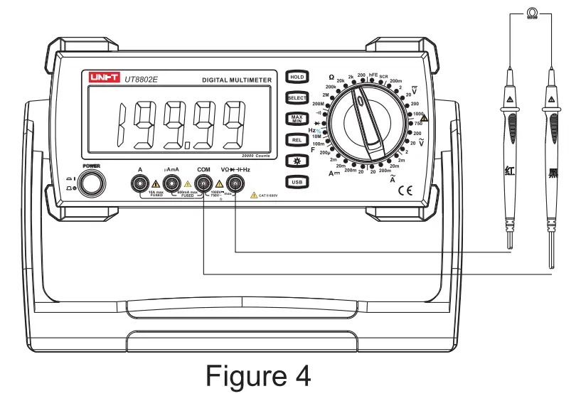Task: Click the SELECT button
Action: tap(297, 97)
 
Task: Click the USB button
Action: tap(297, 183)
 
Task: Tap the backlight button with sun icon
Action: tap(297, 161)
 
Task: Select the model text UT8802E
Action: tap(142, 80)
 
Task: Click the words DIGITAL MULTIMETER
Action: tap(237, 80)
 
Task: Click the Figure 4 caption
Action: tap(258, 375)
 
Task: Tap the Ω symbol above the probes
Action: tap(531, 13)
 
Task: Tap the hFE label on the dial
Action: tap(373, 75)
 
